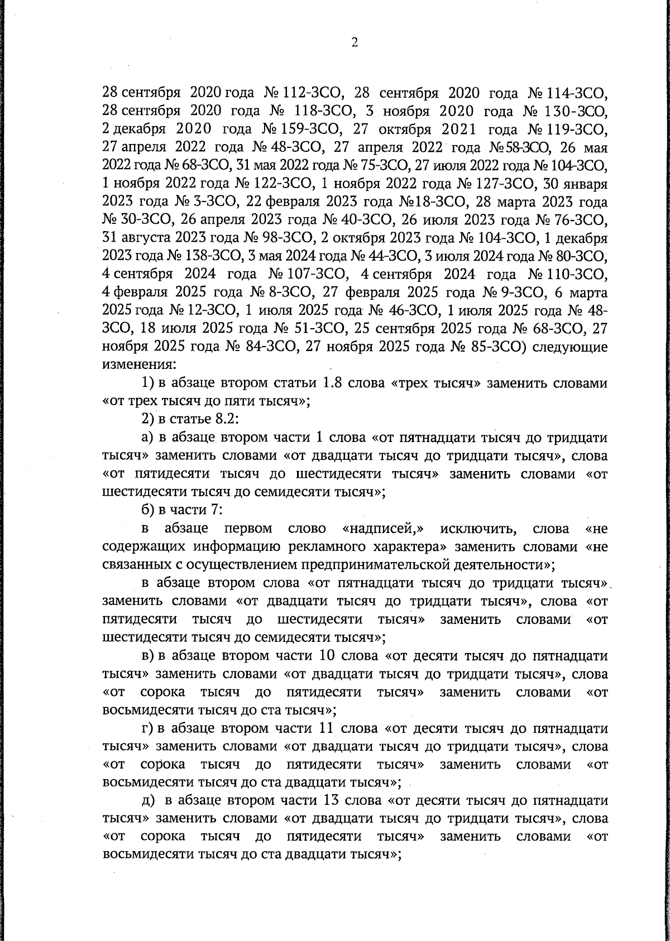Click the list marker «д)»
[148, 800]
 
